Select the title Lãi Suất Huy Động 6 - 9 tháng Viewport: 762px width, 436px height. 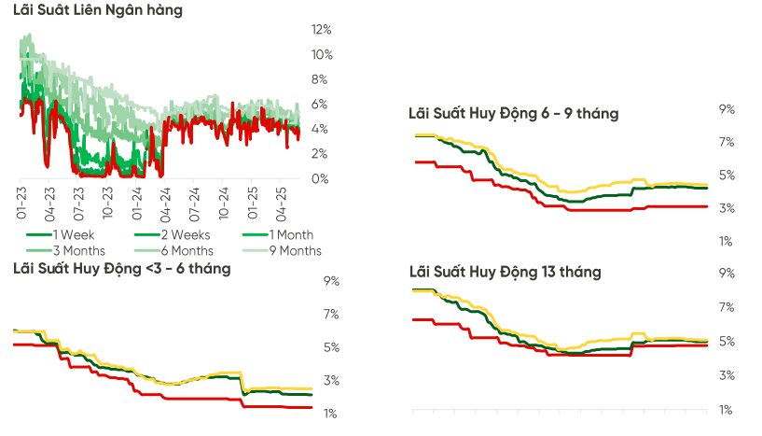(513, 113)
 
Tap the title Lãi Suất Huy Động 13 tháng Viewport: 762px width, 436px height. (505, 272)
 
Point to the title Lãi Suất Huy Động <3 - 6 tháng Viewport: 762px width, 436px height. (121, 269)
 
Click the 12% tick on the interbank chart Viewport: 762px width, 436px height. (321, 30)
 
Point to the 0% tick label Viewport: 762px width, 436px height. (318, 178)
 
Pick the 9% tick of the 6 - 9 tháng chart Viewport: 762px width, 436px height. (727, 109)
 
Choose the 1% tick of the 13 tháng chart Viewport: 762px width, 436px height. (727, 410)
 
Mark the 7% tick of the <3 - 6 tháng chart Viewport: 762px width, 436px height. (331, 315)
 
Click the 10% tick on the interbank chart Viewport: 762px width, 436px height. (321, 54)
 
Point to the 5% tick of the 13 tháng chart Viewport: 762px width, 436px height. (727, 342)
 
